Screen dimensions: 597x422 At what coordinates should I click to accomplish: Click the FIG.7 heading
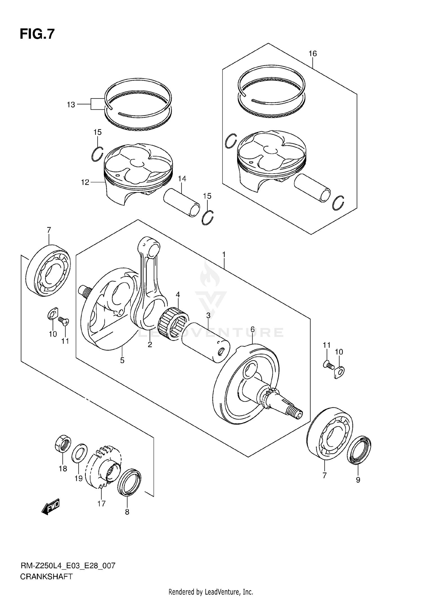point(37,34)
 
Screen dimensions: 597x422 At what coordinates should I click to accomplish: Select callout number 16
point(313,53)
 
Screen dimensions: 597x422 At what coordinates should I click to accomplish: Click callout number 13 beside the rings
point(71,105)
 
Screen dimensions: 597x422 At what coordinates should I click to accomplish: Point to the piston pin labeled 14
point(182,203)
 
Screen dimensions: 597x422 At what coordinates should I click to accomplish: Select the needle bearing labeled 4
point(174,321)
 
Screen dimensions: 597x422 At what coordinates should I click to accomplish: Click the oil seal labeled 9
point(359,450)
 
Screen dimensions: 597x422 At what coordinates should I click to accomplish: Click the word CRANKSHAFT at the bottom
point(46,577)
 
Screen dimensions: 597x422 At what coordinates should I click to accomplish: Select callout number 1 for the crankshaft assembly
point(224,255)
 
